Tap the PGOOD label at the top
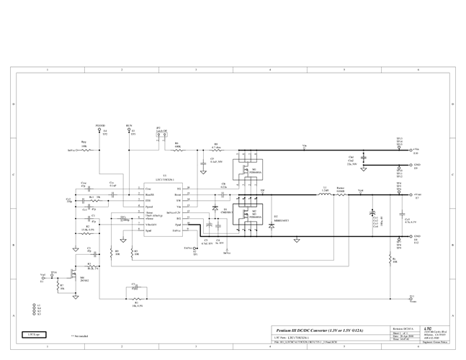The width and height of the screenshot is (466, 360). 100,125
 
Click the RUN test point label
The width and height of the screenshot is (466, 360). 129,125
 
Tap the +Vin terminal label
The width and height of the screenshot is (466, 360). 416,151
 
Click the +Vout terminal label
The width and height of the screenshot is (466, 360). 417,194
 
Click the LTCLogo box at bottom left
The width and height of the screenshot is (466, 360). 34,334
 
